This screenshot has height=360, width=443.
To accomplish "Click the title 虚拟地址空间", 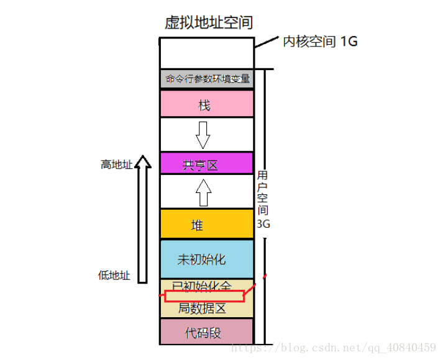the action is (208, 23).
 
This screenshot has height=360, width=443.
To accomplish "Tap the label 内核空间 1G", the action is (320, 42).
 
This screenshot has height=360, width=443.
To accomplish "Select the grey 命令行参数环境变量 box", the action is (207, 79).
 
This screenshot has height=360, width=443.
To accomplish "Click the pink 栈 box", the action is (206, 104).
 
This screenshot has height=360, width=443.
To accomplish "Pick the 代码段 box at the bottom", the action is (206, 332).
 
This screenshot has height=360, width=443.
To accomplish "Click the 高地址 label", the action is (117, 165).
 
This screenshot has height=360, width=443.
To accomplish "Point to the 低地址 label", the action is (114, 276).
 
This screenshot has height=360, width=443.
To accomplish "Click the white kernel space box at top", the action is (206, 53).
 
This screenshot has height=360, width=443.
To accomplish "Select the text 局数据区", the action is (203, 308).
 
